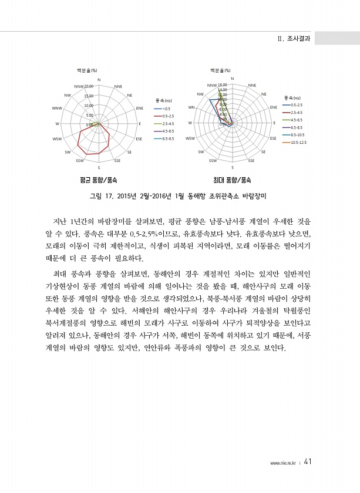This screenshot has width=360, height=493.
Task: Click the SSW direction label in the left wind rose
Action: point(79,160)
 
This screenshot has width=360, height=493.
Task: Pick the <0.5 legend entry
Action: point(165,109)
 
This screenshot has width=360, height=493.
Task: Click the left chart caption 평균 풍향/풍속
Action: point(99,180)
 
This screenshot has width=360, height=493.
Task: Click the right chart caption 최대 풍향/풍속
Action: point(231,180)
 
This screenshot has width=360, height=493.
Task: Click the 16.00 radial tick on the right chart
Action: point(223,85)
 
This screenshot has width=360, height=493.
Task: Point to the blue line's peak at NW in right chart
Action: point(210,100)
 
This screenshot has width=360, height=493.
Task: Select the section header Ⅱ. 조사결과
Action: point(293,39)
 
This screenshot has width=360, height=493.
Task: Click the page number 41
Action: point(308,461)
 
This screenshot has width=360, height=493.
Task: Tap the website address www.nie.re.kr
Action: point(283,462)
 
